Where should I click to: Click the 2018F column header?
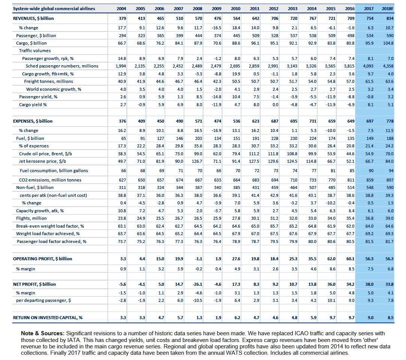[388, 9]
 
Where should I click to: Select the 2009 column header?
[217, 9]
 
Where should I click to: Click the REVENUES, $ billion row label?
[33, 18]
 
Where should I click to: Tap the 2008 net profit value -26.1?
[197, 284]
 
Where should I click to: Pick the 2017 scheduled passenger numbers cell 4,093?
[368, 66]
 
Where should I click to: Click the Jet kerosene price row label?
[42, 161]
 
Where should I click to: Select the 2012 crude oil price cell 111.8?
[273, 154]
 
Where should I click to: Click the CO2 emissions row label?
[50, 180]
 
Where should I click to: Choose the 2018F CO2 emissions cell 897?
[390, 180]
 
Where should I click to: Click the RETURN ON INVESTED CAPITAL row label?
[48, 318]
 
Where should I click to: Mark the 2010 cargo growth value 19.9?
[236, 74]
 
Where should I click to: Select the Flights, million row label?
[31, 218]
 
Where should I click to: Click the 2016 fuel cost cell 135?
[350, 138]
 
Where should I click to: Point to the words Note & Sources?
[42, 333]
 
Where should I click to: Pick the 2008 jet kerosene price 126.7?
[197, 161]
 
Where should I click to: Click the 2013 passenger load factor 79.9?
[293, 241]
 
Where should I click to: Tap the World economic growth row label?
[54, 89]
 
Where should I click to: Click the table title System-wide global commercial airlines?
[54, 9]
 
